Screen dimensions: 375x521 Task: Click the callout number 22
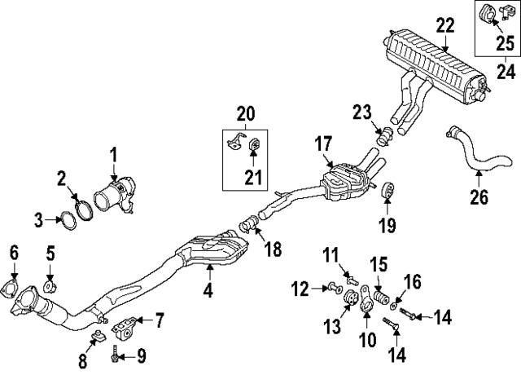(x=444, y=25)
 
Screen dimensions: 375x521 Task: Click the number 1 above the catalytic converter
(x=114, y=152)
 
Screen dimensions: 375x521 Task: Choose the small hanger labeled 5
(x=50, y=285)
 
